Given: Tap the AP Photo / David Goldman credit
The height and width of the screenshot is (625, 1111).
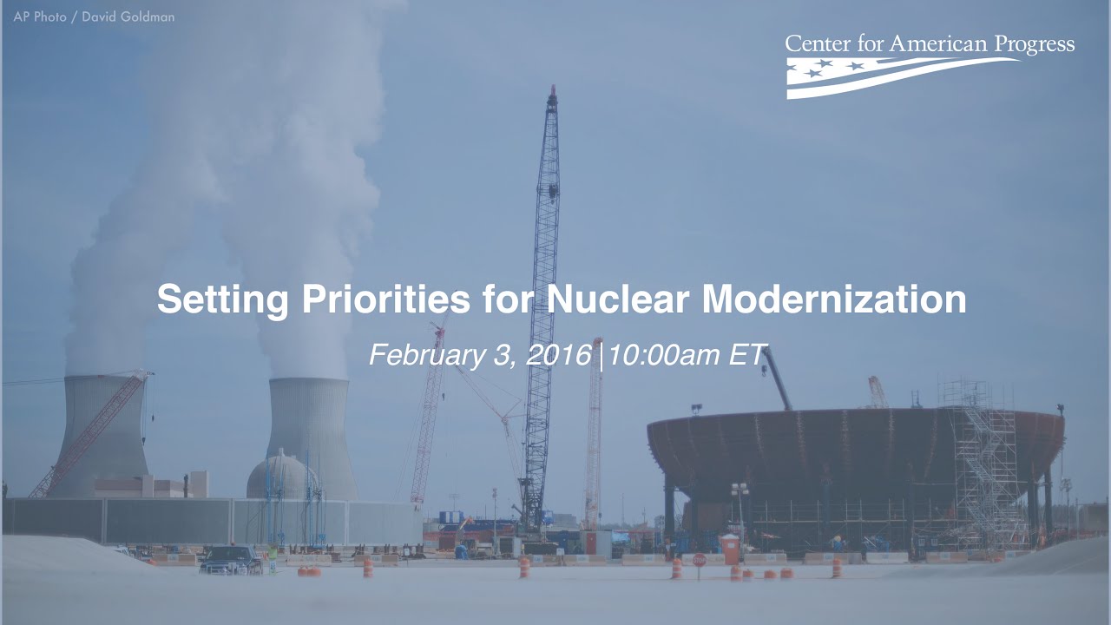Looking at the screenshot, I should click(94, 16).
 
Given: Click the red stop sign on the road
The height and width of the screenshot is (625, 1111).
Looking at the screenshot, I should click(699, 561).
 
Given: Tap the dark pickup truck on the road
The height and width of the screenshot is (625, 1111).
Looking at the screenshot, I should click(230, 559).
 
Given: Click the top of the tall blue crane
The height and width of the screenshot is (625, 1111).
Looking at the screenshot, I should click(551, 95).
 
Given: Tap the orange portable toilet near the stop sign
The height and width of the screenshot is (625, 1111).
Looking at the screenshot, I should click(730, 549).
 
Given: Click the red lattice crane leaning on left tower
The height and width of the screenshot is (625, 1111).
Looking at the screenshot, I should click(91, 434).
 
